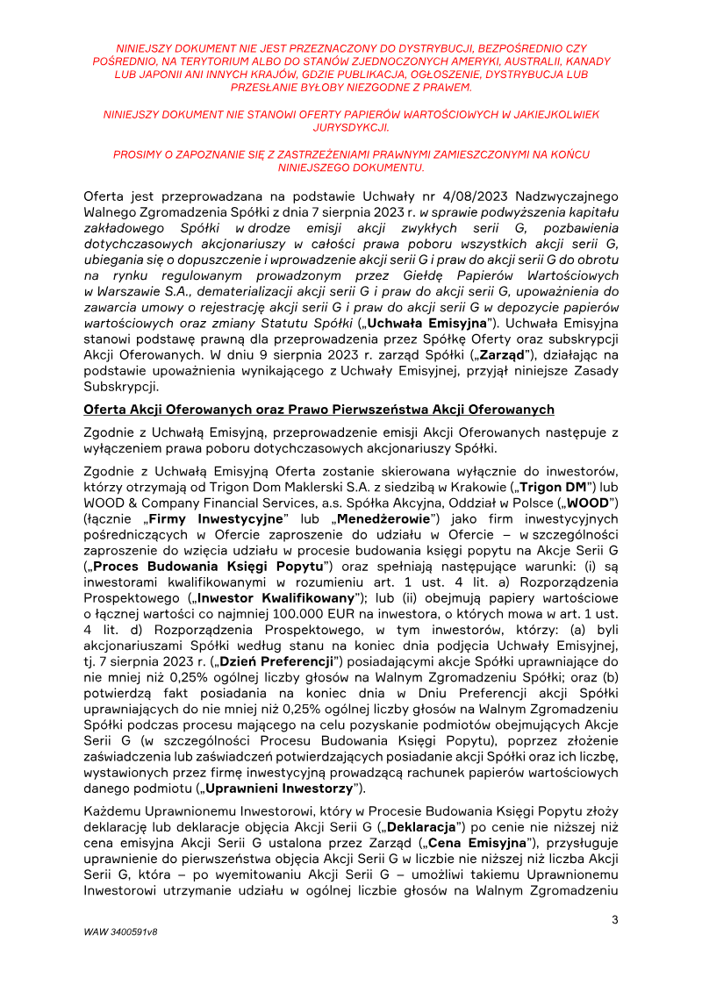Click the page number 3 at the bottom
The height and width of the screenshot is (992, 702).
click(x=614, y=919)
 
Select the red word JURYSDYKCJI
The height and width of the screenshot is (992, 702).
click(x=351, y=126)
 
